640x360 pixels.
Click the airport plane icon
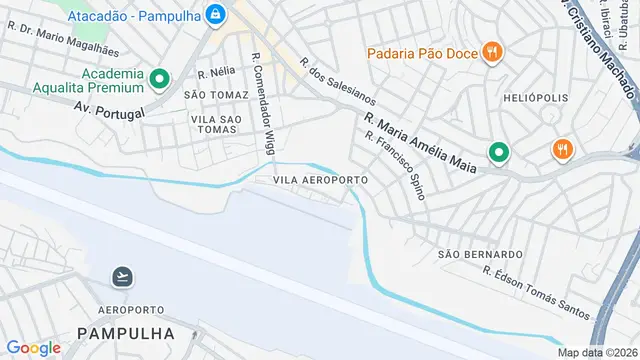(x=123, y=276)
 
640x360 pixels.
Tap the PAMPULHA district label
(x=125, y=332)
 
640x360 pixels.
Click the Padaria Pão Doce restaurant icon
(x=491, y=52)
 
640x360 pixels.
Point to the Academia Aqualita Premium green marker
(x=159, y=78)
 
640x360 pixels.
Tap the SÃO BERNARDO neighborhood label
(x=481, y=255)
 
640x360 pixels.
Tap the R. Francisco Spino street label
(x=396, y=164)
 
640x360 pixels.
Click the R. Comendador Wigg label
(x=263, y=103)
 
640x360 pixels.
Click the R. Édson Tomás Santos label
(x=536, y=292)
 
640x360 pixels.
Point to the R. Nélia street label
(x=215, y=73)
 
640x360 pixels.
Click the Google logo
(x=33, y=347)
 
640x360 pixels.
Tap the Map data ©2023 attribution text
(x=597, y=351)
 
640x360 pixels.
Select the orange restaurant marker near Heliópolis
(x=561, y=150)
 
